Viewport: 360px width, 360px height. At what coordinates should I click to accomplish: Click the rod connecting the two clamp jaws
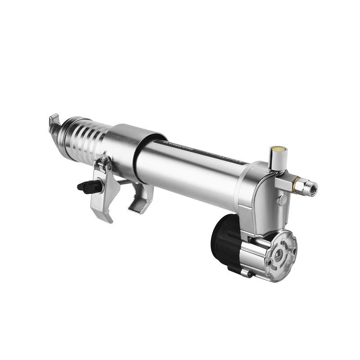(x=124, y=182)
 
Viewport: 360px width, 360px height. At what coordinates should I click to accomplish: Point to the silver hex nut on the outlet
(x=306, y=186)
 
